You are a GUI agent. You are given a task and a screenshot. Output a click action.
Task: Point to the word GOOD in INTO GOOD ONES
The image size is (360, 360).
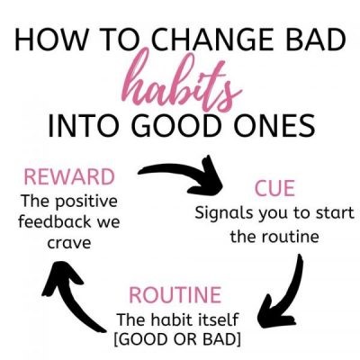(179, 124)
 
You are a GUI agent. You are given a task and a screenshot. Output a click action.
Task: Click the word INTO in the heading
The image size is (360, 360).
(86, 124)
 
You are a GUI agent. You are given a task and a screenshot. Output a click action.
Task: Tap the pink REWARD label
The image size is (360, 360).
(69, 177)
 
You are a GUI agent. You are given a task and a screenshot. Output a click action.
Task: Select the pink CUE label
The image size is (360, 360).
(274, 188)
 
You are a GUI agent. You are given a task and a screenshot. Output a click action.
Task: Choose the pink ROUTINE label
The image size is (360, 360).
(175, 295)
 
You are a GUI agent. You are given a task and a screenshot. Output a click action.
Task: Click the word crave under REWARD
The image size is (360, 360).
(69, 242)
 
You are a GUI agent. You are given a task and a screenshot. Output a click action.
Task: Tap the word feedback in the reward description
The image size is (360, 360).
(55, 221)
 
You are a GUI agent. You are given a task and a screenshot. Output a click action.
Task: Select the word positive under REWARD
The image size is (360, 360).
(86, 202)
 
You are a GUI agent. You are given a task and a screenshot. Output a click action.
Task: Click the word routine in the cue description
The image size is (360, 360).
(290, 237)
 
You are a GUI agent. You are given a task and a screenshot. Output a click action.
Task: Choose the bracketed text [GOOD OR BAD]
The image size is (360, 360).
(177, 339)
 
